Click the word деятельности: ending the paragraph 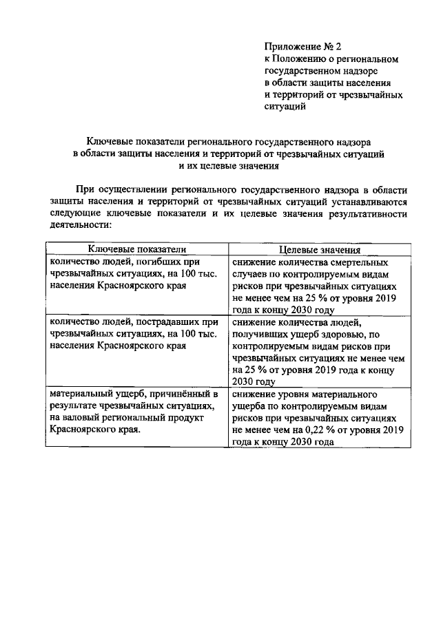point(80,225)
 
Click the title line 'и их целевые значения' point(220,166)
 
